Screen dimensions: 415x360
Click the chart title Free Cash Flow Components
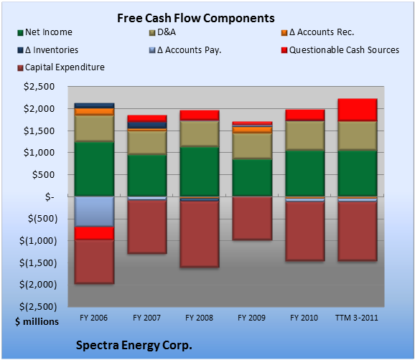(x=196, y=18)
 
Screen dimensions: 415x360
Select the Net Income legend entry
(x=45, y=32)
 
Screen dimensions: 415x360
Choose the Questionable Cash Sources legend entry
(x=340, y=50)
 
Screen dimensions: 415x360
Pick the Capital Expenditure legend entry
(x=61, y=67)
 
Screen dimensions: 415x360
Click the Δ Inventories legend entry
(x=47, y=50)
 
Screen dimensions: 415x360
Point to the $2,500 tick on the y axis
(x=39, y=87)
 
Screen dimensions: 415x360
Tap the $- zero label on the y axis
(x=50, y=197)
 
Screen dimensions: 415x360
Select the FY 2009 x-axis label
(x=252, y=318)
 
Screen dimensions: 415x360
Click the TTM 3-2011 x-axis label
(x=357, y=318)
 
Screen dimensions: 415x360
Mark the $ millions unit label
(x=37, y=322)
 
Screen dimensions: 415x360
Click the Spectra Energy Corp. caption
(x=134, y=345)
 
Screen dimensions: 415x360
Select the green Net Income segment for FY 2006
(x=94, y=169)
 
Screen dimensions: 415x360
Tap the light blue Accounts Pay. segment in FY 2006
(x=94, y=212)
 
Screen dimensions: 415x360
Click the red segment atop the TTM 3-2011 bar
(x=358, y=110)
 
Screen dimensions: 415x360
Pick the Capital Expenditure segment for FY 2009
(x=252, y=218)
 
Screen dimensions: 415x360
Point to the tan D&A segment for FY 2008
(x=200, y=133)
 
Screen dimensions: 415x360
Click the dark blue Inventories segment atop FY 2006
(x=94, y=105)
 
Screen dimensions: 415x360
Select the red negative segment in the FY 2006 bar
(x=94, y=233)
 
